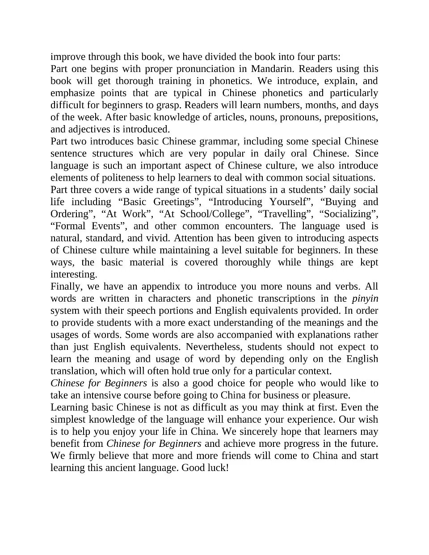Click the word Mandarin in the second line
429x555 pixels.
pos(272,69)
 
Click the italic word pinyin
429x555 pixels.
pos(365,298)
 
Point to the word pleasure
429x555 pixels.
pos(330,395)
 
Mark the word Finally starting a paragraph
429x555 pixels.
pos(66,286)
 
